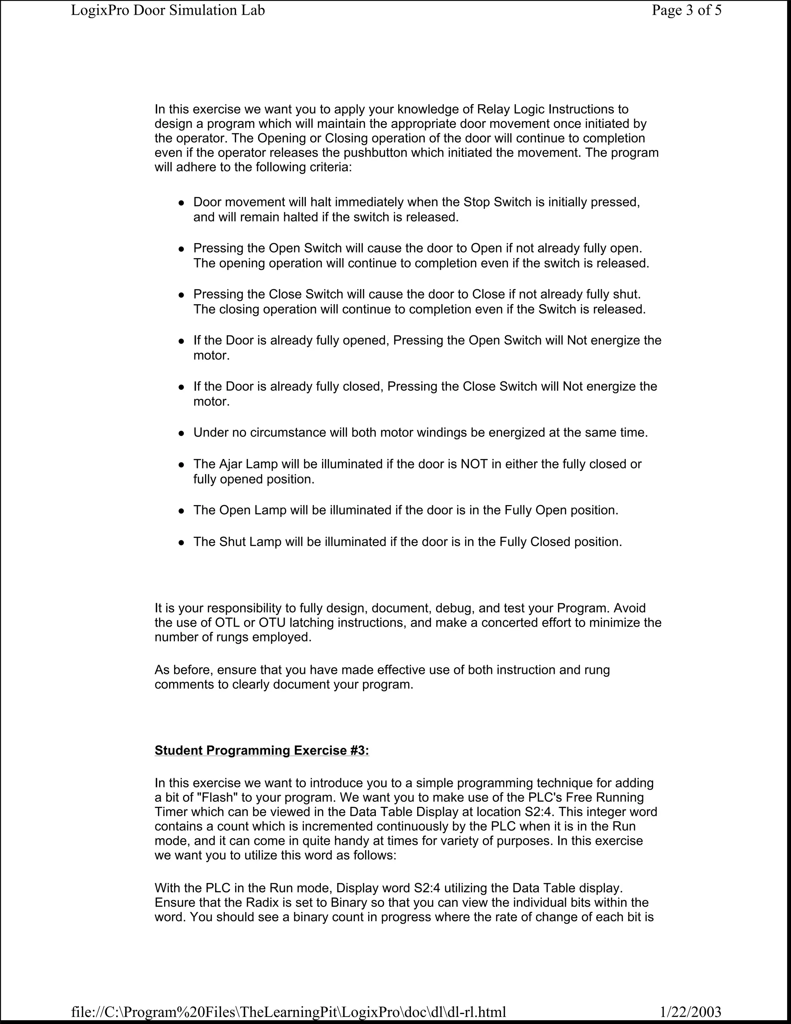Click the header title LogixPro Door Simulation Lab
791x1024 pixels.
[168, 10]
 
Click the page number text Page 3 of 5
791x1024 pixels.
[686, 10]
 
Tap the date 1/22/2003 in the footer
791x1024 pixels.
[690, 1011]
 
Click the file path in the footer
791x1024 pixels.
[288, 1011]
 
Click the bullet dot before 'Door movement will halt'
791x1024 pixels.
[181, 203]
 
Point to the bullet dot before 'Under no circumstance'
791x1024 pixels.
[181, 434]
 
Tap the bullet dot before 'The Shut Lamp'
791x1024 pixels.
[181, 543]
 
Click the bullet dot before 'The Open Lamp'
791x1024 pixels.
[181, 512]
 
